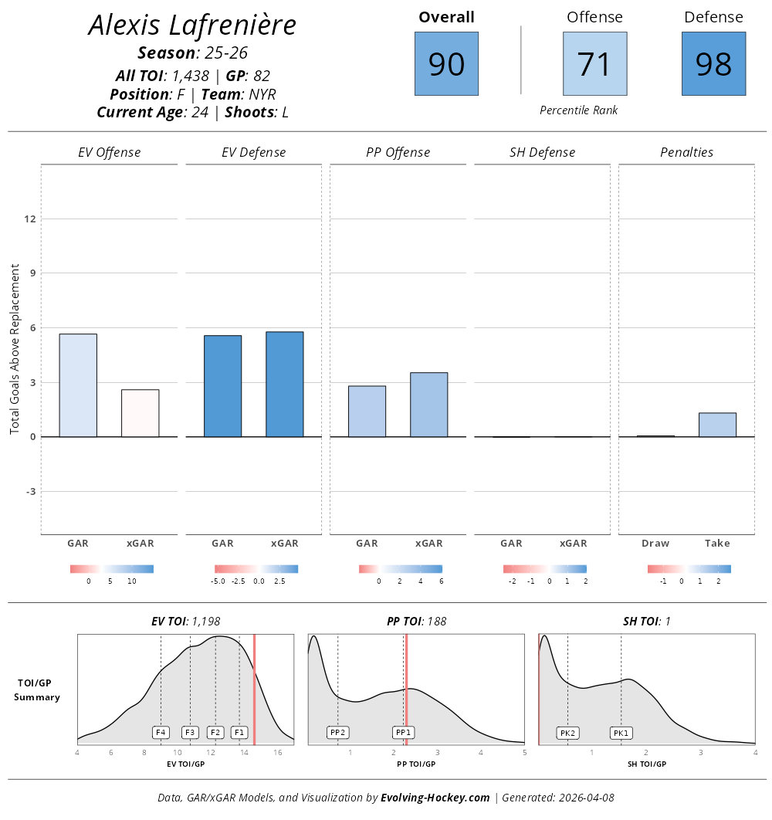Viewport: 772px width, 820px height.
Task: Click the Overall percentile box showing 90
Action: [x=446, y=64]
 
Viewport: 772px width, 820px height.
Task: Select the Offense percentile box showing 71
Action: [x=594, y=64]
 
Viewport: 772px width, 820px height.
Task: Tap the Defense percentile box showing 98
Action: [x=713, y=64]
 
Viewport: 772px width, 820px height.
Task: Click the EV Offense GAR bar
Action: [x=78, y=385]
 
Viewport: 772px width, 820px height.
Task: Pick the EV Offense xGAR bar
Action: [x=140, y=413]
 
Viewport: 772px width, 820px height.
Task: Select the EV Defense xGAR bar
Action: [x=284, y=385]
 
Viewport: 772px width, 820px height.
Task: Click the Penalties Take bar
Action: [x=717, y=425]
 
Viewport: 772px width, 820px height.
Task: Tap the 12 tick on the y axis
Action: [x=30, y=219]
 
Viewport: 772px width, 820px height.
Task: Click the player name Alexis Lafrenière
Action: [x=192, y=25]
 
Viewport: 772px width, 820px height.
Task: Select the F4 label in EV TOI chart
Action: [x=161, y=732]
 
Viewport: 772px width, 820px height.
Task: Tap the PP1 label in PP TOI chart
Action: [x=403, y=732]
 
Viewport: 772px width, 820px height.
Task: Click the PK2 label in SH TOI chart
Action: [x=567, y=733]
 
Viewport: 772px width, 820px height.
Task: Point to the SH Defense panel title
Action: [x=542, y=152]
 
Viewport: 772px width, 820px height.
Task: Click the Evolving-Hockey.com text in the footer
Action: [x=435, y=798]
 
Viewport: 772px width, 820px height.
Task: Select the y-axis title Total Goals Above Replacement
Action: [x=15, y=348]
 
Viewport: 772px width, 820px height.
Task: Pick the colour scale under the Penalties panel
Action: [x=689, y=569]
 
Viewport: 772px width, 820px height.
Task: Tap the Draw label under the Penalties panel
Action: [x=655, y=543]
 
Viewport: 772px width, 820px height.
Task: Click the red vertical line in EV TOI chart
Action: [x=254, y=689]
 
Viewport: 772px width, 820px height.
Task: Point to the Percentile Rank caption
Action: [x=578, y=110]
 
